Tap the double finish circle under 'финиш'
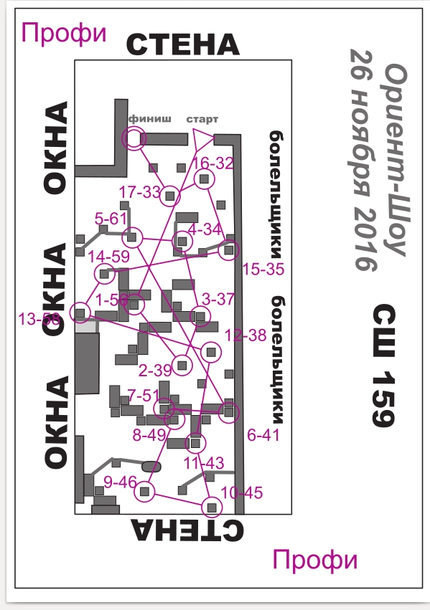coord(134,138)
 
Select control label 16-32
coord(213,163)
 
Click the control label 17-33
coord(140,192)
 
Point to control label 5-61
coord(111,219)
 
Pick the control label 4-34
coord(205,229)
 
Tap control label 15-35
coord(263,269)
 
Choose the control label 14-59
coord(109,257)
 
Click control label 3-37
coord(218,299)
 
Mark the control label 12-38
coord(246,335)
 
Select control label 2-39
coord(155,371)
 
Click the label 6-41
coord(263,435)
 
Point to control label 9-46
coord(121,482)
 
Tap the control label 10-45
coord(241,492)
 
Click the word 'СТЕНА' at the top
coord(182,44)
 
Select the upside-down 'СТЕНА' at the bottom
coord(187,530)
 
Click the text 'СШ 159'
coord(383,366)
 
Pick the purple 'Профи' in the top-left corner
coord(63,33)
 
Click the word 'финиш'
coord(149,119)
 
